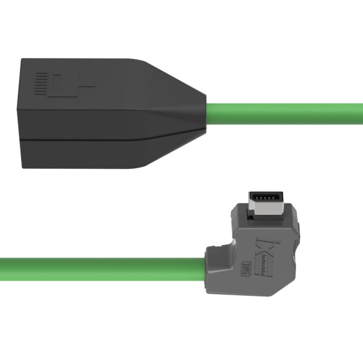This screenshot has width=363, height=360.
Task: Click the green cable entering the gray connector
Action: point(99,269)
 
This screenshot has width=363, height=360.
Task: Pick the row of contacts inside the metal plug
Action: point(264,198)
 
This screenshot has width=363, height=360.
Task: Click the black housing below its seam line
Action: point(86,154)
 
